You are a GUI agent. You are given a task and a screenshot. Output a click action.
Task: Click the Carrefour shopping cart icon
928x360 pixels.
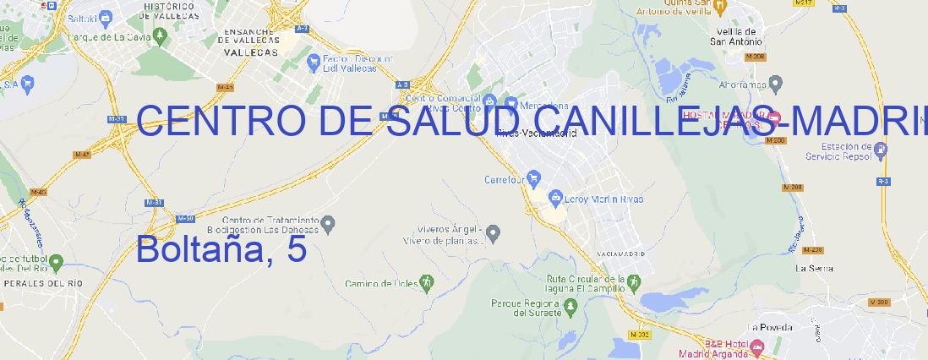tap(536, 179)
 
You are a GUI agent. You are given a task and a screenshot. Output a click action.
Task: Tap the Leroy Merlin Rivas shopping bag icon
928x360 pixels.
tap(555, 199)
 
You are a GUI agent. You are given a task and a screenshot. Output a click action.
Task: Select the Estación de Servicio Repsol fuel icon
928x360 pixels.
tap(882, 150)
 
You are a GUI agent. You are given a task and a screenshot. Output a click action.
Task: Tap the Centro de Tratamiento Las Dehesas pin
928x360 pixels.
tap(329, 223)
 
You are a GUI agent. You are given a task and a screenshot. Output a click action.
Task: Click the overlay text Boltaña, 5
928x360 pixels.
tap(221, 249)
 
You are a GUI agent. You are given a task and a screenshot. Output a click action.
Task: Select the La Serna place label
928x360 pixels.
tap(815, 268)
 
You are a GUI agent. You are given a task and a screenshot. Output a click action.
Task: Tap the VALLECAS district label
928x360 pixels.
tap(251, 52)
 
